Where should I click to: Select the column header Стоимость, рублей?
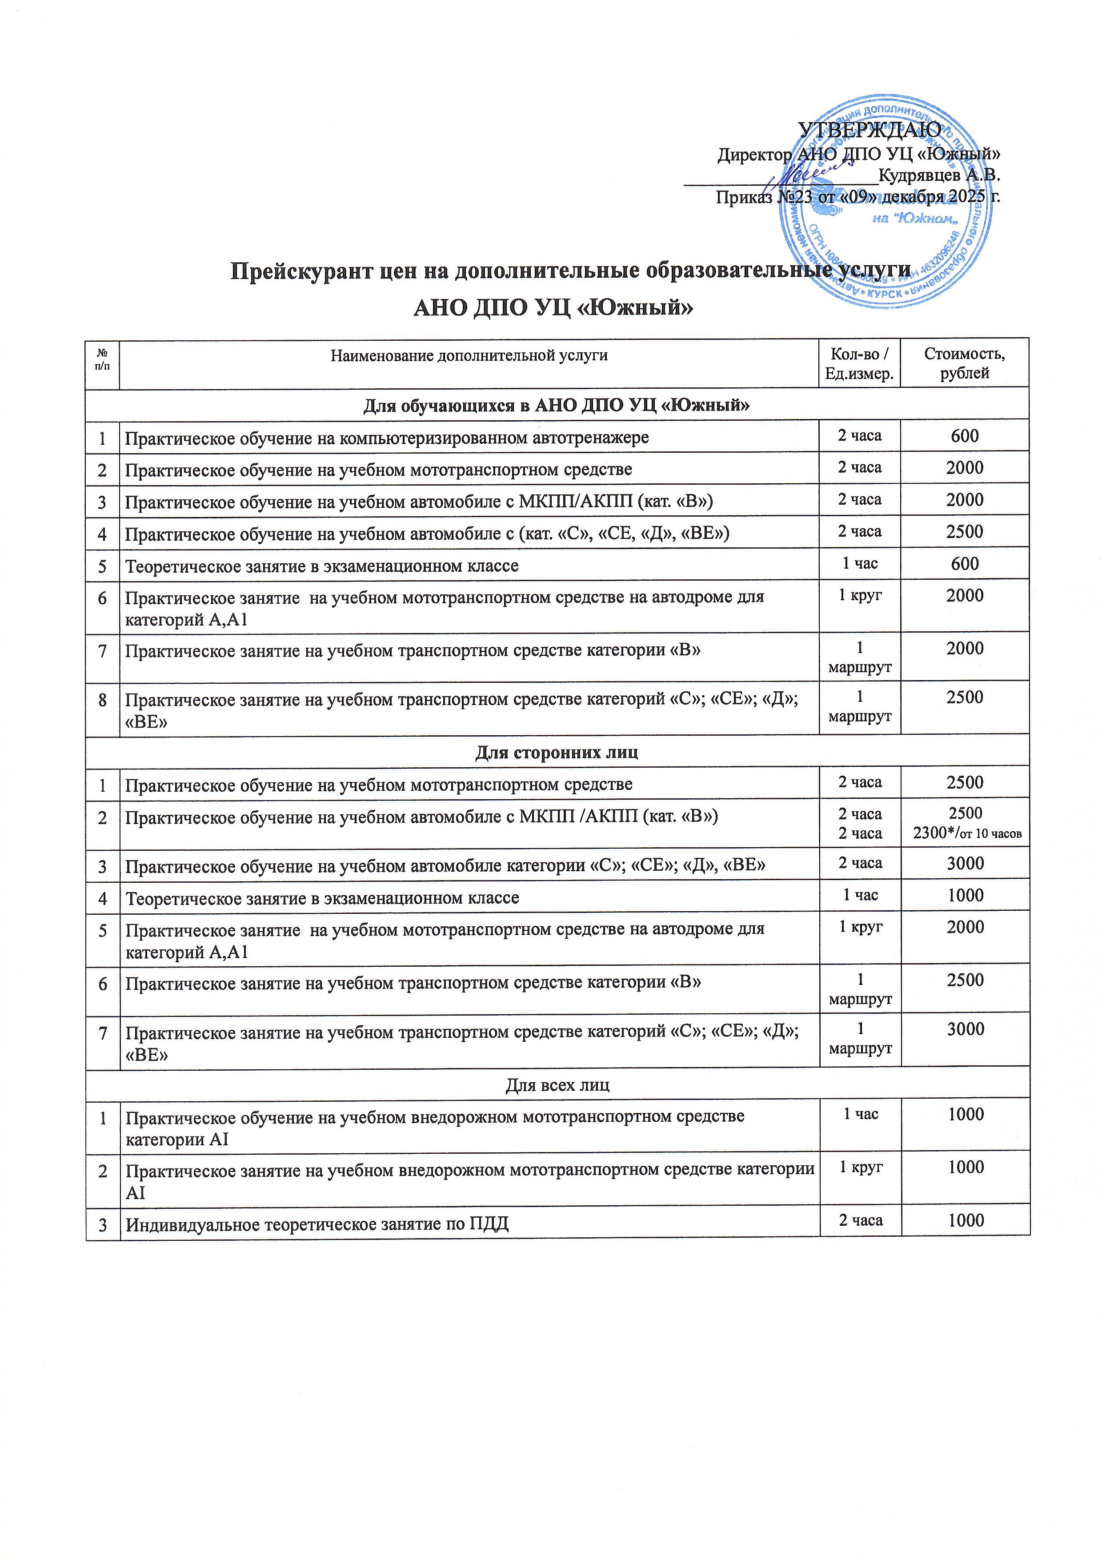click(x=964, y=363)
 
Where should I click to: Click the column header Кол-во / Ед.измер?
click(x=859, y=363)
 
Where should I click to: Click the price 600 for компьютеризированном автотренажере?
click(x=964, y=436)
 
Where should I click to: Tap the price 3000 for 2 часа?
click(x=965, y=863)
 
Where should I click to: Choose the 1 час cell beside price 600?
click(x=860, y=563)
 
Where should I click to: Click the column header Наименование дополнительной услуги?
click(x=469, y=355)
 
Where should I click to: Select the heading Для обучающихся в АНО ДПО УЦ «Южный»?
click(x=556, y=406)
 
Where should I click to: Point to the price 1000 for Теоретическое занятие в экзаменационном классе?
click(x=965, y=895)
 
